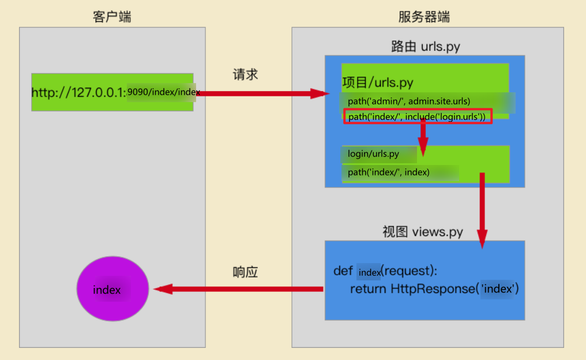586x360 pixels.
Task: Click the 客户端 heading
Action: (x=112, y=17)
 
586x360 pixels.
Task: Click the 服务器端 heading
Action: (x=424, y=17)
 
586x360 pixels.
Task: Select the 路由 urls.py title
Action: (x=425, y=46)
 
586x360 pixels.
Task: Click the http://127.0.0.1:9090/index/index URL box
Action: (x=112, y=92)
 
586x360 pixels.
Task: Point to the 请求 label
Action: (x=245, y=75)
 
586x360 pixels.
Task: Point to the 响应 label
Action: (x=245, y=272)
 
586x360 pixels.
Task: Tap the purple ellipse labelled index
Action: (x=112, y=289)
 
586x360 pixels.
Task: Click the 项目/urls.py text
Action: (x=378, y=83)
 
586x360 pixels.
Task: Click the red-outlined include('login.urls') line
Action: (x=418, y=117)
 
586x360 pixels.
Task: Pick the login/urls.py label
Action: (x=373, y=154)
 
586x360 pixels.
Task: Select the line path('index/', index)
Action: (x=388, y=172)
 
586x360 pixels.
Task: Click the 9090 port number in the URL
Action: (x=137, y=92)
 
